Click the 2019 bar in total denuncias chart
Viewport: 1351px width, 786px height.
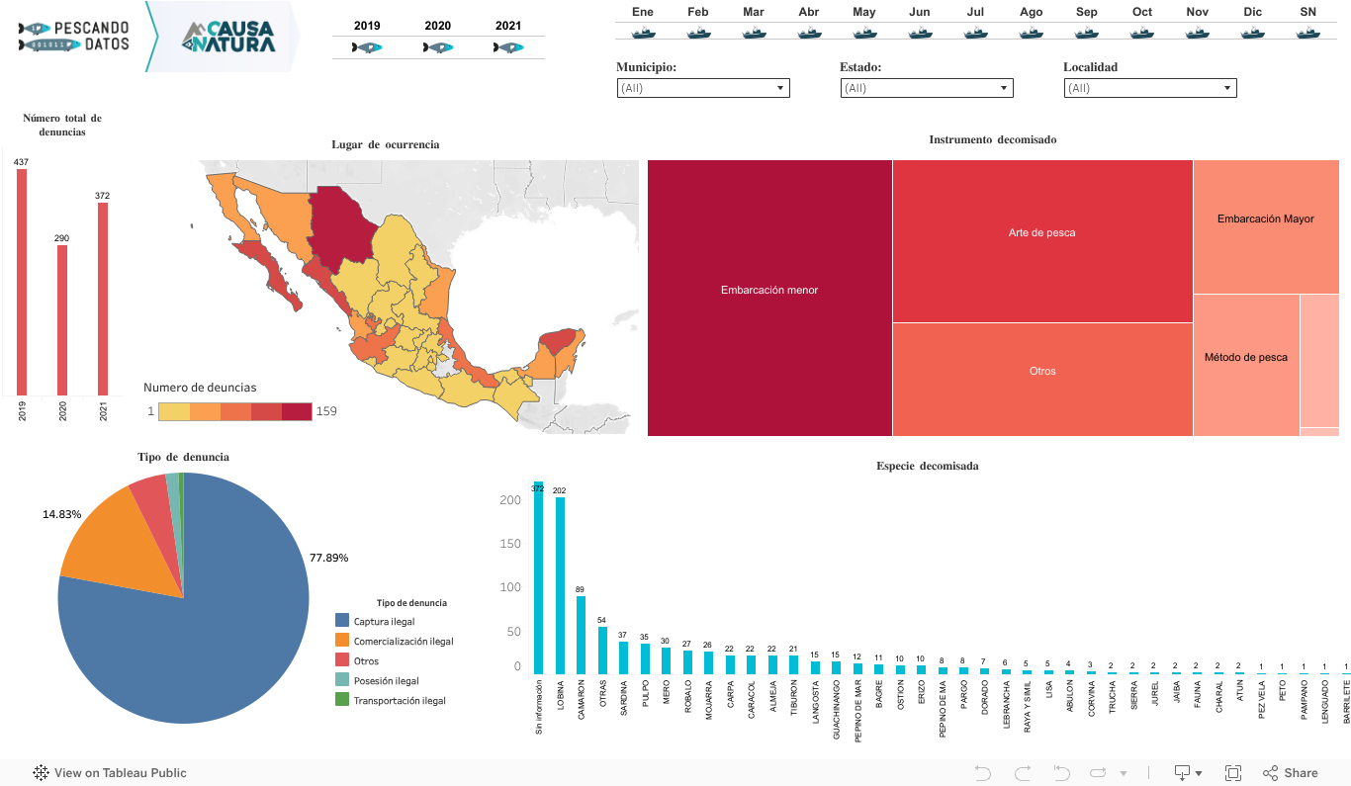click(x=22, y=282)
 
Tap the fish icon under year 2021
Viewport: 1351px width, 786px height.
click(x=508, y=47)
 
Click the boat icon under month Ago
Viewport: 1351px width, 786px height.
click(x=1031, y=32)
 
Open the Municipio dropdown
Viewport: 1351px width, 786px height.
click(x=702, y=88)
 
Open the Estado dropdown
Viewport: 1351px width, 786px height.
click(x=926, y=88)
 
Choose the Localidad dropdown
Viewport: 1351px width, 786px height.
click(x=1149, y=88)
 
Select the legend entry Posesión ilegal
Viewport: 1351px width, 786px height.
click(x=386, y=680)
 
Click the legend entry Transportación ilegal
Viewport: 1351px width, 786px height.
click(x=399, y=700)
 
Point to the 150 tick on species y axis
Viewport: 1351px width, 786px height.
click(x=509, y=544)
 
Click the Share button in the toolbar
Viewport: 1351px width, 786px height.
click(x=1291, y=773)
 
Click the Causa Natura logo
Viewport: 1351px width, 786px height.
click(x=228, y=37)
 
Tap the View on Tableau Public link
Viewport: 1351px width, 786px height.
click(x=119, y=773)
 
